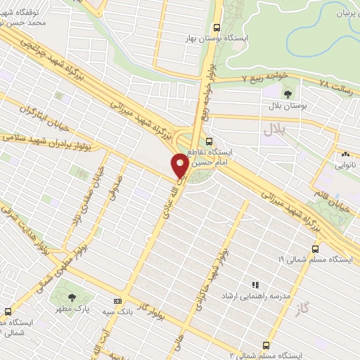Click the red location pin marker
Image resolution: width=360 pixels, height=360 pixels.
point(180,165)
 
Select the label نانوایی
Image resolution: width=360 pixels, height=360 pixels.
point(345,165)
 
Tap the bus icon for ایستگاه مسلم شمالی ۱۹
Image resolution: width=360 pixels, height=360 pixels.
point(314,248)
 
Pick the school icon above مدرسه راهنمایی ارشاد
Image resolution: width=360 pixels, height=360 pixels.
point(256,285)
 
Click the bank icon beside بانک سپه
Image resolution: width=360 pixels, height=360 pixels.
point(118,301)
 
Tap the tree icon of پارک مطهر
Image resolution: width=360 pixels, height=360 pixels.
point(72,286)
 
